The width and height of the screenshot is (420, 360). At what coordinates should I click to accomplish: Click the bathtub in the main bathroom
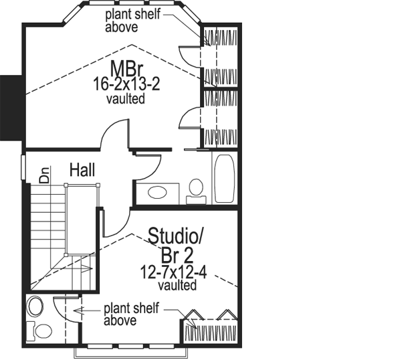(223, 178)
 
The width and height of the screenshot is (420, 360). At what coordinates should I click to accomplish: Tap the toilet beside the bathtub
(197, 188)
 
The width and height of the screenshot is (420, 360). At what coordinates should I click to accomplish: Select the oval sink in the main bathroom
(158, 193)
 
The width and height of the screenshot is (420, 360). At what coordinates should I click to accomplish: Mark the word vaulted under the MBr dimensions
(126, 98)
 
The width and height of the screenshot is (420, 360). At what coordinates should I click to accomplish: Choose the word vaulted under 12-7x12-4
(177, 286)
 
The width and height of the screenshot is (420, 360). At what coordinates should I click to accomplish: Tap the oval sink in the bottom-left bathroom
(35, 307)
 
